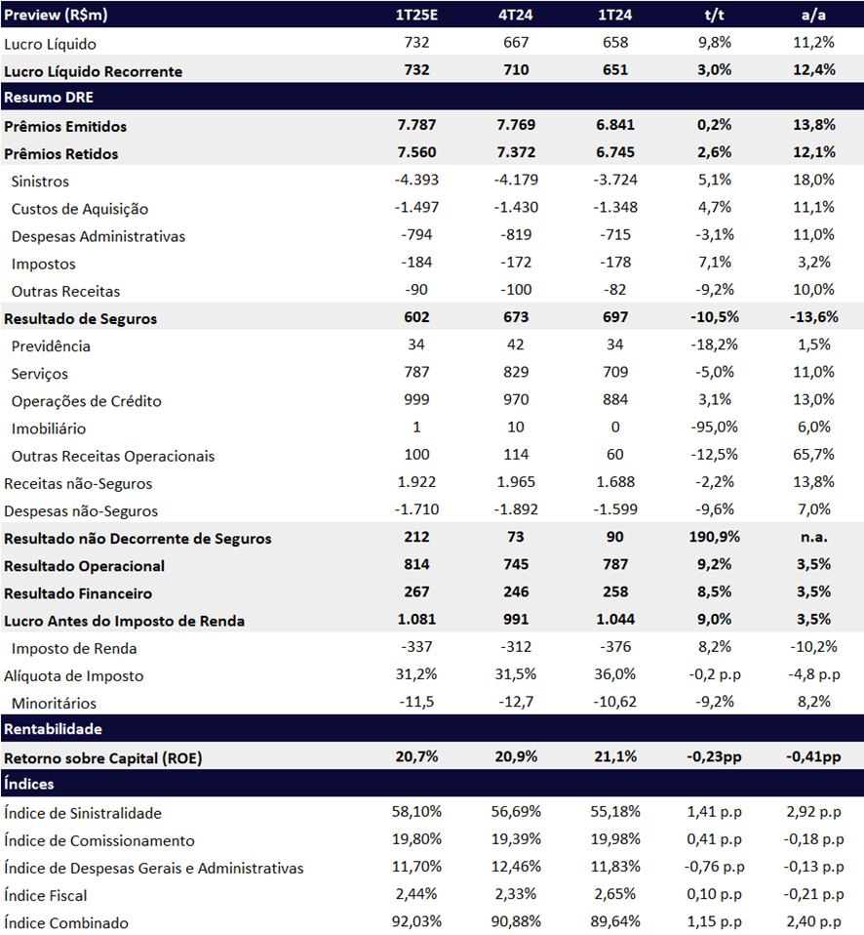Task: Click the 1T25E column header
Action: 416,15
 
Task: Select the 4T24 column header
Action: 516,15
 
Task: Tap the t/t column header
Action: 714,15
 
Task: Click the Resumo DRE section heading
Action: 49,98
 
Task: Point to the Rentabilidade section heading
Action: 53,729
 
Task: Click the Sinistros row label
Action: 40,182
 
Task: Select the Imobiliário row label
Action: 48,428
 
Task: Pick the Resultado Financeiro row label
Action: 78,593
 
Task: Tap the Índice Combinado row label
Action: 66,923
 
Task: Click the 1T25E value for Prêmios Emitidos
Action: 416,125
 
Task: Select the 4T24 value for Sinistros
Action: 516,181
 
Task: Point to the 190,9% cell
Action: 714,537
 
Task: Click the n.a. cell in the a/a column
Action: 813,537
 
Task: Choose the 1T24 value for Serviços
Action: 615,372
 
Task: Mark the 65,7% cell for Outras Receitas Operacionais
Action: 813,455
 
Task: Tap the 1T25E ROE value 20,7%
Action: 416,756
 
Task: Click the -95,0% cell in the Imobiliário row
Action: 714,427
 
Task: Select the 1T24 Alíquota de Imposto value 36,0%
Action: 615,674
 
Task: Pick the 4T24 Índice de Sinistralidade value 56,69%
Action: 516,812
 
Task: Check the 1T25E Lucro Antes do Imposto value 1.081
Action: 416,620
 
